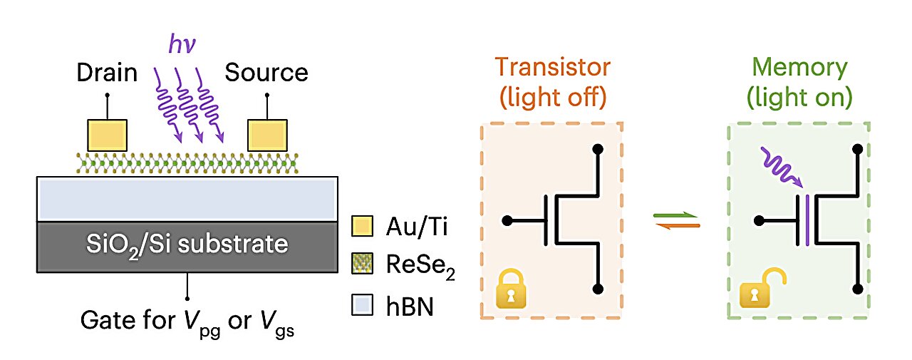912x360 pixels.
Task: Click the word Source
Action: click(x=266, y=73)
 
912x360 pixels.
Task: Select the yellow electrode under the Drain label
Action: click(x=107, y=135)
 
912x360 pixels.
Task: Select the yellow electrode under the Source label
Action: click(x=266, y=135)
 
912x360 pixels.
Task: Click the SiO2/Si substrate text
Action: click(x=186, y=245)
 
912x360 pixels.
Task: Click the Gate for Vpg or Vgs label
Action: click(x=187, y=323)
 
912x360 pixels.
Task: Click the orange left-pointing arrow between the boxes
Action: click(x=676, y=227)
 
